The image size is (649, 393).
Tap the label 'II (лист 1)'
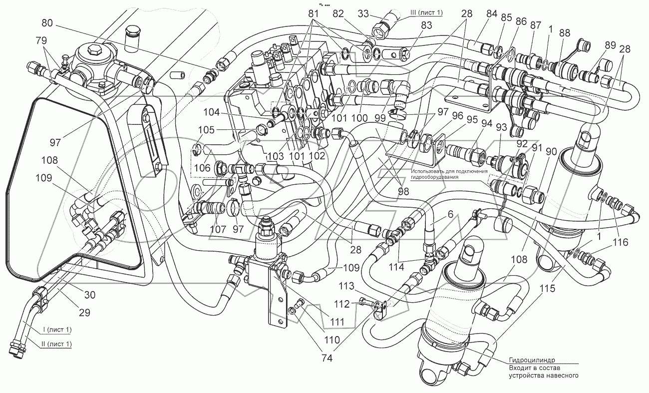[x=50, y=344]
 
